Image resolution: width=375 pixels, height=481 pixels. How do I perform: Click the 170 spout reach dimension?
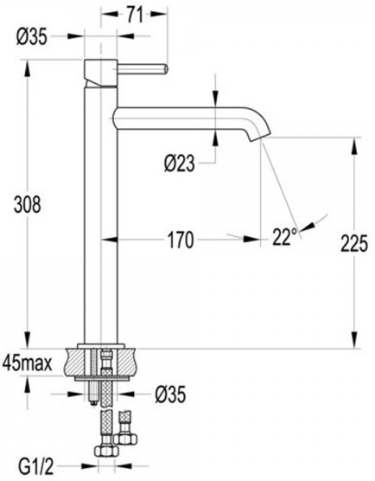(x=180, y=236)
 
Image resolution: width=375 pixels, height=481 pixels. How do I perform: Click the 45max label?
(x=30, y=362)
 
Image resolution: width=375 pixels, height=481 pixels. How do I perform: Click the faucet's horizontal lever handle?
(x=137, y=67)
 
